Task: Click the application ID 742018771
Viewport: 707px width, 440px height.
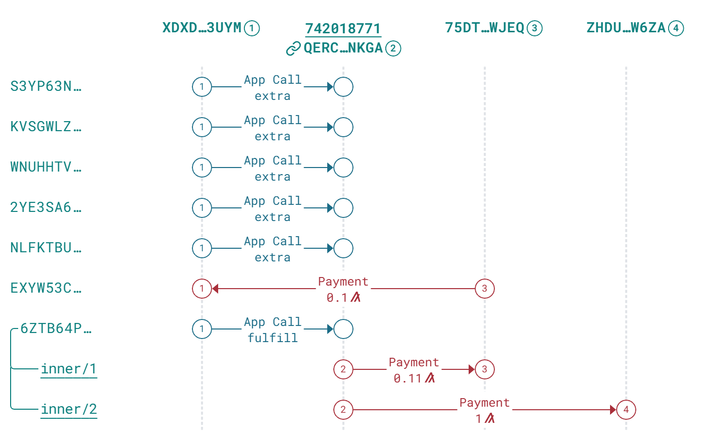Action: click(343, 28)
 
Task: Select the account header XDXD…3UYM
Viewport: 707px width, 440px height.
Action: click(202, 28)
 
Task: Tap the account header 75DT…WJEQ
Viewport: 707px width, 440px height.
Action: click(485, 28)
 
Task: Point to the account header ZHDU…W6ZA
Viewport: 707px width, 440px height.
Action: click(626, 28)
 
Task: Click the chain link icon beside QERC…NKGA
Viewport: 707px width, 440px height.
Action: click(293, 48)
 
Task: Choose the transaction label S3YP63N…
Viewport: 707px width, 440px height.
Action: click(45, 86)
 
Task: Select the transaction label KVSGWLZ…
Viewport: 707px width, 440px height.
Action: click(45, 127)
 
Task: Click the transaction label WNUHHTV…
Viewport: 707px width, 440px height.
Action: click(45, 167)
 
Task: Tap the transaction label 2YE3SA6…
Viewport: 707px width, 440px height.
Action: click(45, 207)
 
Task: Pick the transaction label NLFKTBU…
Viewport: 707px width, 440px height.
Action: click(45, 248)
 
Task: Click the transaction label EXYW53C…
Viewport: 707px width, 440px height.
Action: click(45, 288)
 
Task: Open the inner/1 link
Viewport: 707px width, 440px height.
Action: click(69, 369)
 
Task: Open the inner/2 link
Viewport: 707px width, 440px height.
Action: click(69, 409)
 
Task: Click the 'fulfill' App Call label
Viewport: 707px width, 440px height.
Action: click(273, 338)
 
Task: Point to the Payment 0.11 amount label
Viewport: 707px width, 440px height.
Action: click(414, 378)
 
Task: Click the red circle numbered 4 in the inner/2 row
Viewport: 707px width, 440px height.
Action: click(626, 410)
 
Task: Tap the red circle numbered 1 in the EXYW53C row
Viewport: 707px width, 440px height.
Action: click(202, 289)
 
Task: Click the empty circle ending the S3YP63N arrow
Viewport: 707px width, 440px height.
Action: click(343, 87)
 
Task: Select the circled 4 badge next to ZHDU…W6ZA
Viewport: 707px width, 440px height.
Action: click(676, 28)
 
